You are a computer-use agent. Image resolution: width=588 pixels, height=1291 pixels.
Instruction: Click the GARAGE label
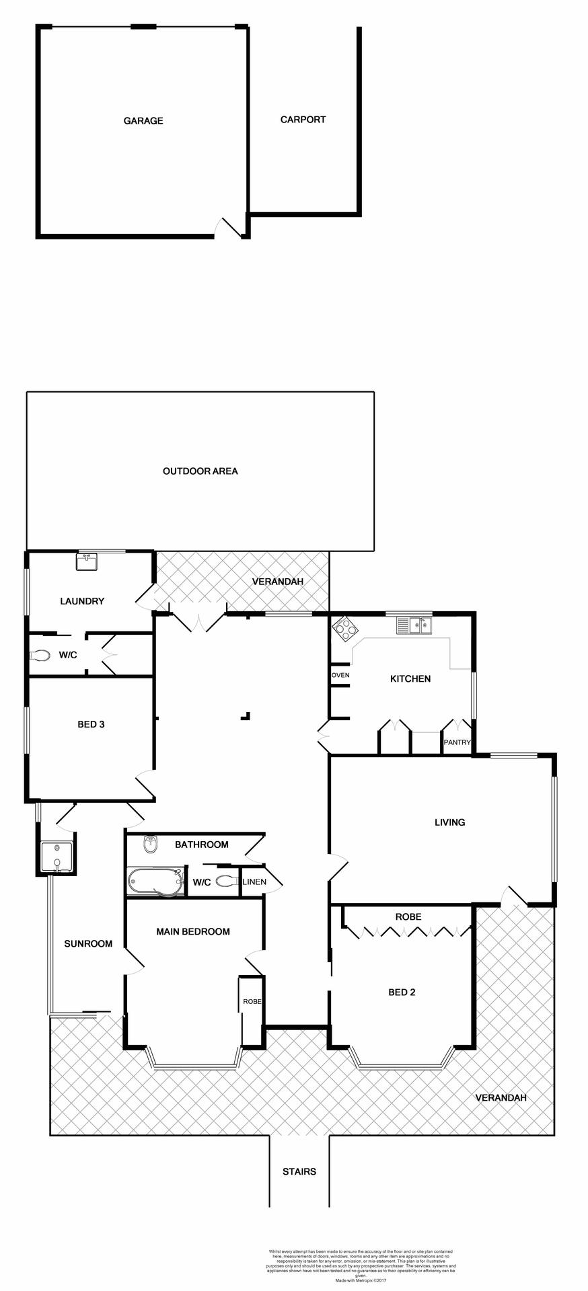tap(143, 121)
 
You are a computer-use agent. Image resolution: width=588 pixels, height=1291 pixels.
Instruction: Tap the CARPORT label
tap(303, 120)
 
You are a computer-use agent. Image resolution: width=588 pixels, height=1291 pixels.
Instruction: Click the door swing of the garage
tap(226, 227)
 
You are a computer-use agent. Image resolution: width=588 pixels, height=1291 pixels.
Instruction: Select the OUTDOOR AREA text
tap(200, 471)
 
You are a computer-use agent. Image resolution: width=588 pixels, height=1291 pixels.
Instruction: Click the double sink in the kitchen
tap(414, 625)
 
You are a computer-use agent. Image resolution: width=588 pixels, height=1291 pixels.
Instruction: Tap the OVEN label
tap(340, 675)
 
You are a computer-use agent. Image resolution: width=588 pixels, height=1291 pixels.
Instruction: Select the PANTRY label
tap(457, 742)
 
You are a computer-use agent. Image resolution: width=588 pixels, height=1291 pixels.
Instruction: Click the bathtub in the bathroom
tap(155, 882)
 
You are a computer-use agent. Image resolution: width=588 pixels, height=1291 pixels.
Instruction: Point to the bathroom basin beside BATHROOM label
tap(150, 845)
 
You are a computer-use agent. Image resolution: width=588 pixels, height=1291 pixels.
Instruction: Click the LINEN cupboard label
tap(254, 882)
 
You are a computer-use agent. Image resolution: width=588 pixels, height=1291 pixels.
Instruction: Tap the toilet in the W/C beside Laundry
tap(40, 655)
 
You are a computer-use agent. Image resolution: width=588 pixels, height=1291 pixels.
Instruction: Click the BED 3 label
tap(91, 725)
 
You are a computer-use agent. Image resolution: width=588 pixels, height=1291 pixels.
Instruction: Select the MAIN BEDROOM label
tap(193, 931)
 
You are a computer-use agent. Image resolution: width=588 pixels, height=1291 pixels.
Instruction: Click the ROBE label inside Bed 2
tap(408, 916)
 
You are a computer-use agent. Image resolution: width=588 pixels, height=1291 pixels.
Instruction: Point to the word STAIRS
tap(299, 1171)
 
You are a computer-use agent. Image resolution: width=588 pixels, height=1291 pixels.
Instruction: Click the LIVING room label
tap(449, 822)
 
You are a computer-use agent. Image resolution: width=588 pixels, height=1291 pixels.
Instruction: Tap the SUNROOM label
tap(88, 943)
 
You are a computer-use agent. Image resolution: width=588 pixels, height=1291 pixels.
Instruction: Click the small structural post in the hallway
tap(246, 716)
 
